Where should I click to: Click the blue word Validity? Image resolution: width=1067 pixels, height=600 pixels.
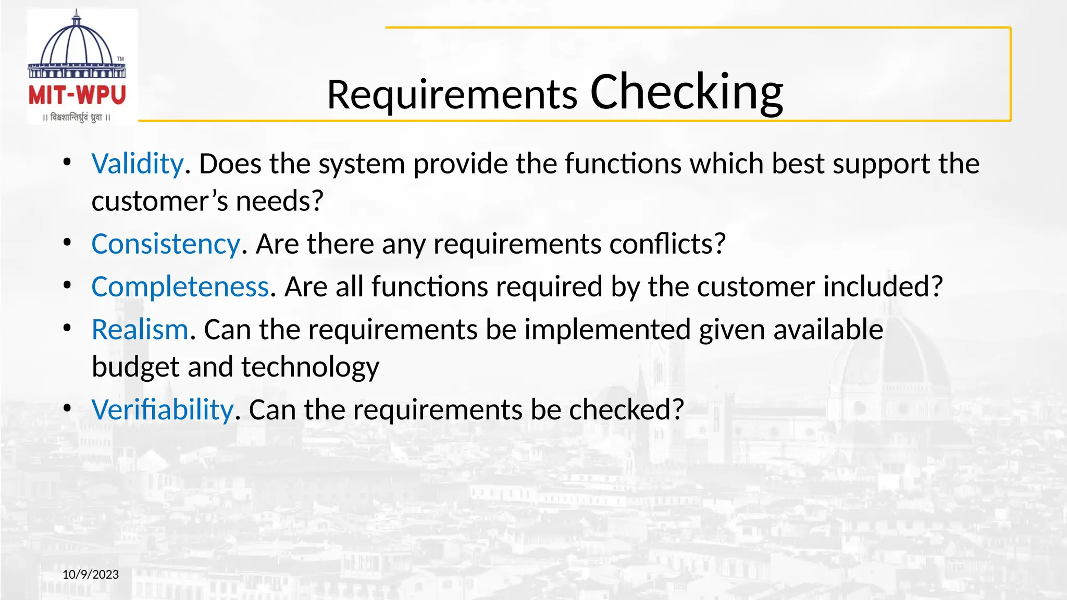click(138, 164)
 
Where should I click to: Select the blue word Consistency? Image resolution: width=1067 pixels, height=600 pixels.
click(166, 244)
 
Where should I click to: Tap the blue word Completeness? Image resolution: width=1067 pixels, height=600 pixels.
click(180, 286)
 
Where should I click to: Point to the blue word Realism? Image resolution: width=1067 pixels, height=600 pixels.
click(140, 330)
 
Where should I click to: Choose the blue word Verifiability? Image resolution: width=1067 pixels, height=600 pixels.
click(163, 410)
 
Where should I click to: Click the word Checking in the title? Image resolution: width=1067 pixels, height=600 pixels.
click(686, 92)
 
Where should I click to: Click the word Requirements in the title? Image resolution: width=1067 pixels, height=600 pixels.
click(452, 95)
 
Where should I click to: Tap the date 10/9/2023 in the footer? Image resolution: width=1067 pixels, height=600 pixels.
click(91, 574)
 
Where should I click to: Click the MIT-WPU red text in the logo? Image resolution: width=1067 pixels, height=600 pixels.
click(77, 96)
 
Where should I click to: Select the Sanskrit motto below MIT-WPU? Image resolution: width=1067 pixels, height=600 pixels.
click(77, 118)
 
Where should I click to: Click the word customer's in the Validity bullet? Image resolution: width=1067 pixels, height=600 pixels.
click(160, 202)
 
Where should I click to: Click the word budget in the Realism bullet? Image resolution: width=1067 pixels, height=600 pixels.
click(135, 367)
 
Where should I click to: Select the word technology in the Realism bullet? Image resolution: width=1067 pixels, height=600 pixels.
click(310, 367)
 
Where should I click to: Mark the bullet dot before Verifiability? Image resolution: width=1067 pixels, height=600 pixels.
click(67, 408)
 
